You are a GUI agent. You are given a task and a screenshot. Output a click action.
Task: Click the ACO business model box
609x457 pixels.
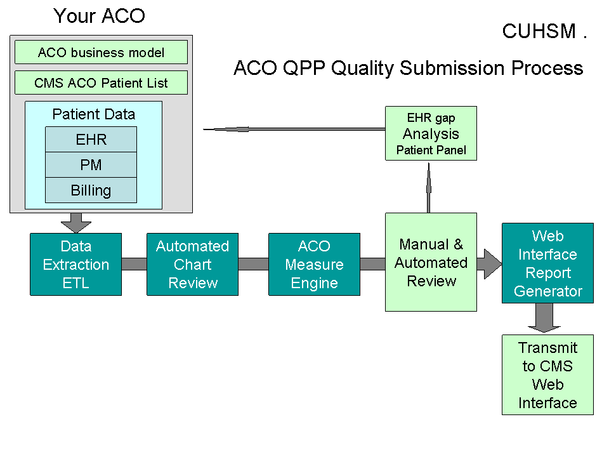click(101, 52)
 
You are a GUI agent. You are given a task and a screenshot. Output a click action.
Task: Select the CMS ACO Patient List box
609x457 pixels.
click(101, 83)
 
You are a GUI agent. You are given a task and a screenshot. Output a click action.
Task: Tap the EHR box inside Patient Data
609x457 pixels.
click(91, 139)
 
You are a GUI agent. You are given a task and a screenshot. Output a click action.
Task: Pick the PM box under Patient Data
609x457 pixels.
click(91, 164)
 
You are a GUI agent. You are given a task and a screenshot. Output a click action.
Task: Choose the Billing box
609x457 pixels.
click(91, 190)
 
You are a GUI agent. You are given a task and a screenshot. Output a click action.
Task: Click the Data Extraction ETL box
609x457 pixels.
click(75, 264)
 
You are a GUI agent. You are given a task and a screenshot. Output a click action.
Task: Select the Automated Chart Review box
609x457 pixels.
click(192, 264)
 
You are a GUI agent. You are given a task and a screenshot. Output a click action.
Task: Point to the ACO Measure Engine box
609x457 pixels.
click(314, 264)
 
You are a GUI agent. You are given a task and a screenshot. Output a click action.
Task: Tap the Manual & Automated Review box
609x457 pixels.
click(431, 262)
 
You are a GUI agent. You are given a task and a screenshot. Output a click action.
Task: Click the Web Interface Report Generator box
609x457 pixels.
click(547, 263)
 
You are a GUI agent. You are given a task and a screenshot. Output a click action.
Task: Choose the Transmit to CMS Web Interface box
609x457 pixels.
click(547, 374)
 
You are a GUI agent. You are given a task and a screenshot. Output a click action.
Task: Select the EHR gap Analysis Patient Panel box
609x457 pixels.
click(431, 133)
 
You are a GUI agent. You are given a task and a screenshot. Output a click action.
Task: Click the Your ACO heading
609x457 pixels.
click(99, 16)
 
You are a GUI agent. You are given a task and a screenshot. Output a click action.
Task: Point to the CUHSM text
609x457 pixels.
click(539, 31)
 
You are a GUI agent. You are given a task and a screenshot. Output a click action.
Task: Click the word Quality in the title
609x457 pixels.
click(369, 68)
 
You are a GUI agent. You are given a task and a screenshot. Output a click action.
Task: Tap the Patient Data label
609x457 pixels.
click(93, 114)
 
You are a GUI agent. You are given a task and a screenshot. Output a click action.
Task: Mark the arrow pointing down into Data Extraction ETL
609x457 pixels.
click(76, 222)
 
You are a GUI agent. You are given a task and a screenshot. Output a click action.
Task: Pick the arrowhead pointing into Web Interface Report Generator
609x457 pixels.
click(491, 263)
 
